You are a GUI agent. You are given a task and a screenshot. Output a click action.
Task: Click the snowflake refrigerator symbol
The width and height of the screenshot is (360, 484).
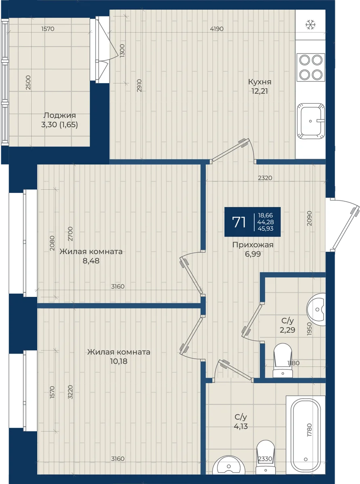coord(310,25)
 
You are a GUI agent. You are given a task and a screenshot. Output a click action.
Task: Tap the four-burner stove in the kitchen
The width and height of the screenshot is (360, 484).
coord(311,67)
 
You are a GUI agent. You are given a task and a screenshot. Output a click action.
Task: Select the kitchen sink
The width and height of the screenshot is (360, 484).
coord(311,121)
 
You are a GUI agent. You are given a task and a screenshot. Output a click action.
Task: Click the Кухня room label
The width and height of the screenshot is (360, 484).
coord(260,82)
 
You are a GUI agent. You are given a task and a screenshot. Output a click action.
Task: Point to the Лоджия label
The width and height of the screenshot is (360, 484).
coord(60,115)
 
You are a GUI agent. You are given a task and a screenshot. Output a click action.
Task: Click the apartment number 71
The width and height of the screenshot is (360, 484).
coord(239,222)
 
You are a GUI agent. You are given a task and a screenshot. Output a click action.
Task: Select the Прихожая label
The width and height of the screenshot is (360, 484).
coord(253,245)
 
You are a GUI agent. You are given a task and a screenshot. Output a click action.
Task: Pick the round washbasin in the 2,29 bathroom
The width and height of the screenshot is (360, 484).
coord(316,309)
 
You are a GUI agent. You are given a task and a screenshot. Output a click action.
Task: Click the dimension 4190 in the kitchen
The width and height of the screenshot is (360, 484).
coord(217,29)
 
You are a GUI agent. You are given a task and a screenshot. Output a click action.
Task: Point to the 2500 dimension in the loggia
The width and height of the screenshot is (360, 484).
coord(28,83)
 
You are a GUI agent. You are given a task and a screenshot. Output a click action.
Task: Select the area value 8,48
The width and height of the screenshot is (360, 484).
coord(91,261)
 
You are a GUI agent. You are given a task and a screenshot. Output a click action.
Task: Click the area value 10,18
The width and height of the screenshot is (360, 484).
coord(119,361)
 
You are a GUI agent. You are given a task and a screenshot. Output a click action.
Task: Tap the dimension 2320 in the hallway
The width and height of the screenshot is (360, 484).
coord(265,178)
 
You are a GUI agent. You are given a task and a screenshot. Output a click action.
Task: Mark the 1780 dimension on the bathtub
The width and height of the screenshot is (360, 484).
coord(309,430)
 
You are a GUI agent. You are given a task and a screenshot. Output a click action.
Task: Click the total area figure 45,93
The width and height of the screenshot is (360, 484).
coord(266,229)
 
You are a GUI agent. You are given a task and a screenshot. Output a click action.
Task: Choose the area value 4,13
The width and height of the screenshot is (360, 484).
coord(241,426)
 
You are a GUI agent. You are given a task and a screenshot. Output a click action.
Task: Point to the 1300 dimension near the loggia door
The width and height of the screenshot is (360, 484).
coord(122,51)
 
